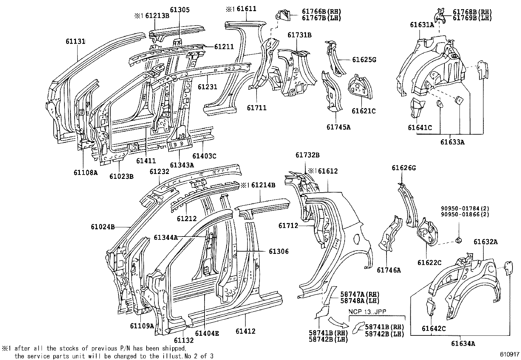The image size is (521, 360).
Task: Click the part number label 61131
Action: pos(75,41)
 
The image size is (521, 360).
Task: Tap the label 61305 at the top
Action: pos(179,10)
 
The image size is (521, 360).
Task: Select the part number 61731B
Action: pos(299,35)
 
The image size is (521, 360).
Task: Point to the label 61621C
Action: pos(364,111)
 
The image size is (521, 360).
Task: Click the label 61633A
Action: pos(452,142)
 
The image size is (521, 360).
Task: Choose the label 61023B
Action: pos(121,177)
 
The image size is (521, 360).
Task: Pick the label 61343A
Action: pos(182,165)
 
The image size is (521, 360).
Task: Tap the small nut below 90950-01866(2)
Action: pos(458,241)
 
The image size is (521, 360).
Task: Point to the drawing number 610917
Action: pos(509,355)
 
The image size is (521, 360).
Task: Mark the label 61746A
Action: pos(388,270)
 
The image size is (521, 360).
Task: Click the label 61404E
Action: pos(207,333)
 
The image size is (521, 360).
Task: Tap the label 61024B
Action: pos(102,226)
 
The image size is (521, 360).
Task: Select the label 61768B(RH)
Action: pos(472,12)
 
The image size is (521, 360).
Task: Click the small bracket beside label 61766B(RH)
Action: pos(283,15)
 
